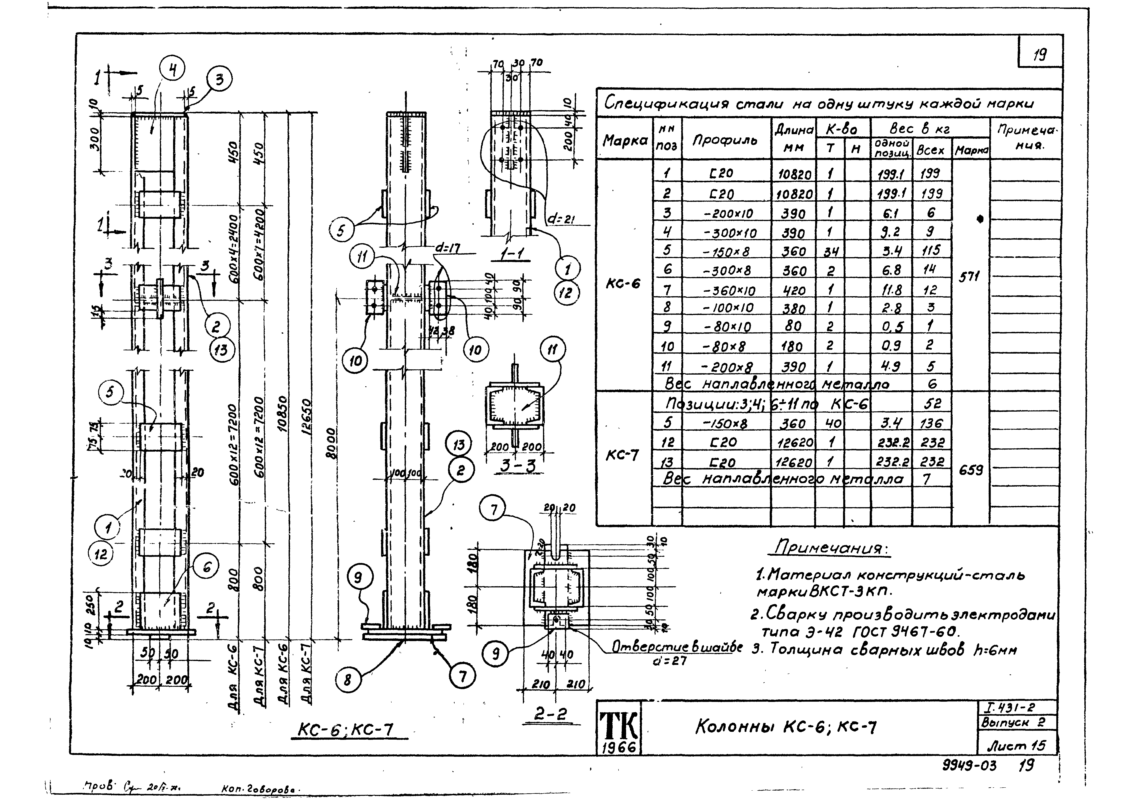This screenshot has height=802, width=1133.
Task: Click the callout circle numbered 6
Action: (207, 568)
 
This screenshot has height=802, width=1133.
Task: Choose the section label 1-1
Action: (512, 254)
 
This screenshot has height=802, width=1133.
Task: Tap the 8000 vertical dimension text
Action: (332, 443)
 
